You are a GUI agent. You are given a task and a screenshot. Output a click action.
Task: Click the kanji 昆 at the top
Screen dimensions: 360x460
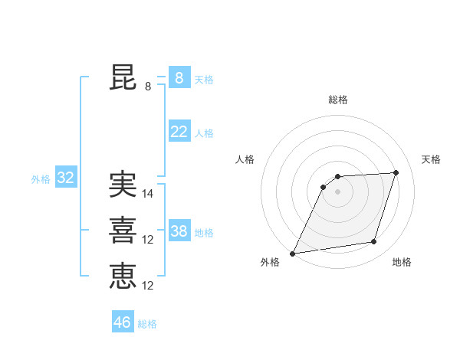pyautogui.click(x=123, y=78)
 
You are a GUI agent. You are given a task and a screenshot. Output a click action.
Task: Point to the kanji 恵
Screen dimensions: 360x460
pyautogui.click(x=123, y=277)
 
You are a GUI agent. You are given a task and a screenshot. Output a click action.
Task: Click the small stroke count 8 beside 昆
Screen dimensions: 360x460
pyautogui.click(x=148, y=87)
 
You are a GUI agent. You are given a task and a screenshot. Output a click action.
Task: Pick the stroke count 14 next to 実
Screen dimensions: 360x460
pyautogui.click(x=148, y=194)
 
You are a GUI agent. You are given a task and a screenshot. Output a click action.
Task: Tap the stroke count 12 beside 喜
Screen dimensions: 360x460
pyautogui.click(x=148, y=240)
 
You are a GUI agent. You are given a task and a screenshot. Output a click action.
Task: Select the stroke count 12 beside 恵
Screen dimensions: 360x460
pyautogui.click(x=148, y=286)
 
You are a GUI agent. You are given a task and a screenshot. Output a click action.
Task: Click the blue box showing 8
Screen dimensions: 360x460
pyautogui.click(x=179, y=78)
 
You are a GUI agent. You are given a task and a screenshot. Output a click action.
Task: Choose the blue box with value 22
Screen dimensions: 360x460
pyautogui.click(x=179, y=132)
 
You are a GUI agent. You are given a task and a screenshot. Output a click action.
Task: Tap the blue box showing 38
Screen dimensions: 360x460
pyautogui.click(x=179, y=231)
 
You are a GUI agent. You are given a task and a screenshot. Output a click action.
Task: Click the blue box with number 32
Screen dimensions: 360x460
pyautogui.click(x=65, y=178)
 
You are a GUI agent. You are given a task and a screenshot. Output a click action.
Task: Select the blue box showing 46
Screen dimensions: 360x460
pyautogui.click(x=123, y=322)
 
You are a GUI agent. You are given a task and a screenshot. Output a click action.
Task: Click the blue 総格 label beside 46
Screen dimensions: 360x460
pyautogui.click(x=147, y=324)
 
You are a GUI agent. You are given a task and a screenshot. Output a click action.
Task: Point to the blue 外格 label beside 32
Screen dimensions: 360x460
pyautogui.click(x=41, y=179)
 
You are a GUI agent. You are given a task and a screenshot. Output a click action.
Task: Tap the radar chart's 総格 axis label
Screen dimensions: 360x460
pyautogui.click(x=338, y=100)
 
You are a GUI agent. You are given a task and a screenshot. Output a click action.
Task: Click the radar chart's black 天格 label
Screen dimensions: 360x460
pyautogui.click(x=431, y=159)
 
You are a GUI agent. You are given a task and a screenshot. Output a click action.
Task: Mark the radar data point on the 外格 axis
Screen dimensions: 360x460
pyautogui.click(x=293, y=254)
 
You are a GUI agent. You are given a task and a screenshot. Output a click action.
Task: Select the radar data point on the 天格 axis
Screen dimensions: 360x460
pyautogui.click(x=396, y=172)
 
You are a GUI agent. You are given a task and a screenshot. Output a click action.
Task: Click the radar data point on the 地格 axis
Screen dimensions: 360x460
pyautogui.click(x=374, y=242)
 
